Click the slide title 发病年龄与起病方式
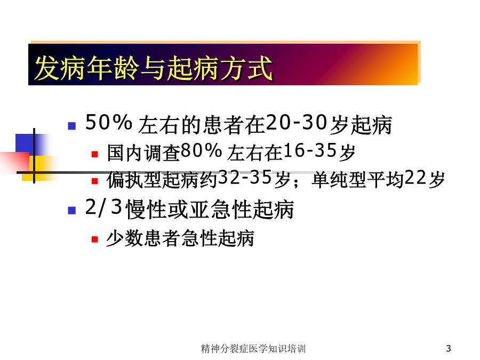click(x=153, y=68)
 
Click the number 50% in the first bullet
click(x=109, y=123)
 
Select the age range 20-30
click(x=297, y=123)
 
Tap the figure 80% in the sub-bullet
click(x=201, y=150)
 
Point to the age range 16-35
click(x=310, y=150)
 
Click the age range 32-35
click(x=245, y=178)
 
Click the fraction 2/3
click(x=104, y=207)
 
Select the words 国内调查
click(x=143, y=153)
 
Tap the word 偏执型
click(x=134, y=180)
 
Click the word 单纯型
click(x=339, y=180)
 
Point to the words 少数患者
click(x=143, y=238)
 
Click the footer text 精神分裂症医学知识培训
click(x=253, y=348)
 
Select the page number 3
click(x=449, y=348)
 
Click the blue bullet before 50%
click(x=71, y=126)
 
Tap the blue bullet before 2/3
click(x=71, y=210)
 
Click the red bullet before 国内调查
click(x=94, y=154)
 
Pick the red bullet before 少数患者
click(x=94, y=239)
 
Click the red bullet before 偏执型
click(x=94, y=181)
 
